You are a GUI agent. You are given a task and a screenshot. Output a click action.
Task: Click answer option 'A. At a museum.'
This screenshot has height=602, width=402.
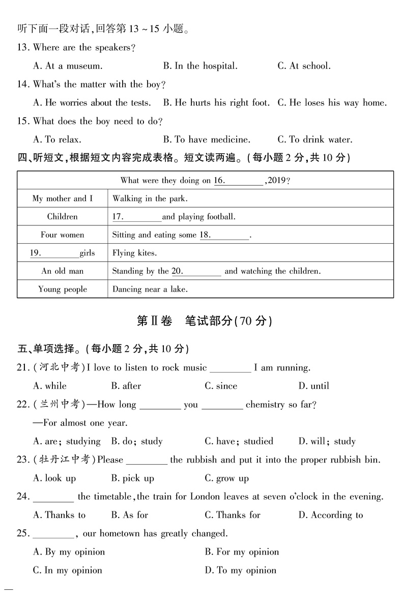pyautogui.click(x=68, y=66)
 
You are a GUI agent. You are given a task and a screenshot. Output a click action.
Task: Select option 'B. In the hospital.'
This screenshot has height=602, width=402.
pyautogui.click(x=200, y=66)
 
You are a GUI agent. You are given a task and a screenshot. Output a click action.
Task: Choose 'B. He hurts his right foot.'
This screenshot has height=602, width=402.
pyautogui.click(x=216, y=103)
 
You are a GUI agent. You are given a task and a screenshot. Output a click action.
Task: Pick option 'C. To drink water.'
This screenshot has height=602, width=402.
pyautogui.click(x=314, y=139)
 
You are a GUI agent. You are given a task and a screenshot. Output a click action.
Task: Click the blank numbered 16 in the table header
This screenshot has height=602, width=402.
pyautogui.click(x=239, y=181)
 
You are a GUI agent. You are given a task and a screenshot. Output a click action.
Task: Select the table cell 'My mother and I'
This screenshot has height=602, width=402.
pyautogui.click(x=63, y=198)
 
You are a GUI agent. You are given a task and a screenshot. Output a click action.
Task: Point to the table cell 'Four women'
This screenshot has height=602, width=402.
pyautogui.click(x=63, y=235)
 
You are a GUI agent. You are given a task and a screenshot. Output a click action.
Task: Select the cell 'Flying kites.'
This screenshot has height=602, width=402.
pyautogui.click(x=134, y=253)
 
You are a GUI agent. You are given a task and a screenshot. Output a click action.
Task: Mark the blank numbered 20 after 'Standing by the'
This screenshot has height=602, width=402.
pyautogui.click(x=196, y=271)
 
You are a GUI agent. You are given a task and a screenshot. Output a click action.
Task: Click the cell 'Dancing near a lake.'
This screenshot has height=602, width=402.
pyautogui.click(x=150, y=290)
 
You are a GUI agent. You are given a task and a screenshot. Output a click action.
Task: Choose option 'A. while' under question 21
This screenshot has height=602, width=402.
pyautogui.click(x=49, y=386)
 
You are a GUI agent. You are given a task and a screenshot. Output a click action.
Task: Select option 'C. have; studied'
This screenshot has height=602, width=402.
pyautogui.click(x=239, y=441)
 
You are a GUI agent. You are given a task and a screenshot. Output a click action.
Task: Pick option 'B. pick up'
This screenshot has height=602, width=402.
pyautogui.click(x=132, y=478)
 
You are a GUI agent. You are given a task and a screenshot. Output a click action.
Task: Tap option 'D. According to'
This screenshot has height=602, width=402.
pyautogui.click(x=330, y=515)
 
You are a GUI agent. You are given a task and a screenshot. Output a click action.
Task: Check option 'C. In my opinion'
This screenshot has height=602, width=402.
pyautogui.click(x=67, y=570)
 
